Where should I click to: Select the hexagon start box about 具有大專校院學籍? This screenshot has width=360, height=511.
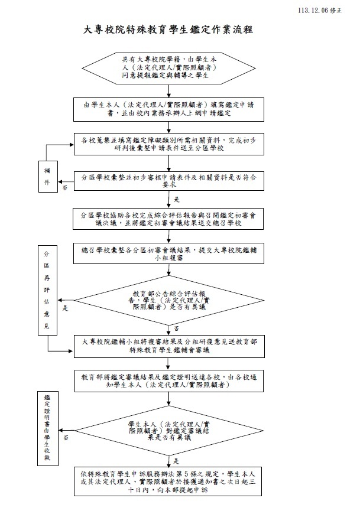tap(170, 69)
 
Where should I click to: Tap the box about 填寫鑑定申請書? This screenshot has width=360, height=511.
tap(170, 107)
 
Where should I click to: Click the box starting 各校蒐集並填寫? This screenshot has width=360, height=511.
tap(170, 144)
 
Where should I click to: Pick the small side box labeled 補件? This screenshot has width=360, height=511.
tap(48, 177)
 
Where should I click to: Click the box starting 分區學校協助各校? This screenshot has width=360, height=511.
tap(170, 219)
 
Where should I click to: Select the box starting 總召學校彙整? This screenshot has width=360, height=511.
tap(170, 254)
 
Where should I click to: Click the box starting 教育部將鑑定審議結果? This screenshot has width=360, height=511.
tap(170, 381)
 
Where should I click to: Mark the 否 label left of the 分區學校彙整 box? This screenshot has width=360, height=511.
tap(65, 188)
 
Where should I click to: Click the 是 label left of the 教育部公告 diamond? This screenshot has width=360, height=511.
tap(66, 308)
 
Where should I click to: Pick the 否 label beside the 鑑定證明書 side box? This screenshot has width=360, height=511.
tap(66, 438)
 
